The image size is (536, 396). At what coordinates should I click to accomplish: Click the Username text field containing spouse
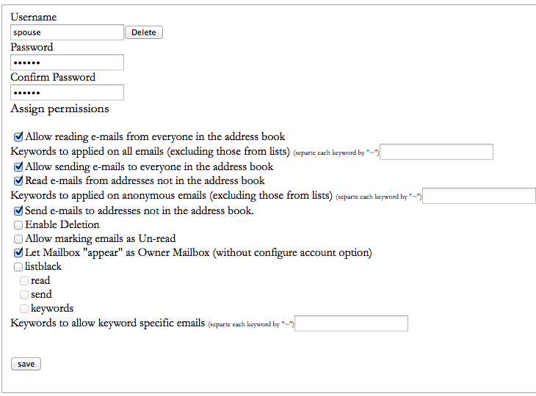(x=67, y=32)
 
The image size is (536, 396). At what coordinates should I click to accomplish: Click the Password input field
(x=67, y=62)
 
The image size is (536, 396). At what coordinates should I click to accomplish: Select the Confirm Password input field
(x=67, y=92)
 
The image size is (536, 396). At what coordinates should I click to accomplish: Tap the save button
(x=26, y=364)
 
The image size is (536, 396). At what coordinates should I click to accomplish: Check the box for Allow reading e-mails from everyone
(x=18, y=137)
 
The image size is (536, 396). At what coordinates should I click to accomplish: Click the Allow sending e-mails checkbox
(x=18, y=167)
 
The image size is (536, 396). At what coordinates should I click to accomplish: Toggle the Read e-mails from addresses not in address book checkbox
(x=18, y=181)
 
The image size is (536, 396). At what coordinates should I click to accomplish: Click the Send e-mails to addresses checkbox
(x=18, y=211)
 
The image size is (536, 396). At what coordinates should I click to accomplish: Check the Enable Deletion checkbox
(x=18, y=225)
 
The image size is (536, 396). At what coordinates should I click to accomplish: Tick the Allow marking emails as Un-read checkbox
(x=18, y=239)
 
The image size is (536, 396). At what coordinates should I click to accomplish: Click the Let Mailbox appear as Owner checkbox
(x=18, y=254)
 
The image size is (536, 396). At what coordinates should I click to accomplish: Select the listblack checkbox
(x=18, y=268)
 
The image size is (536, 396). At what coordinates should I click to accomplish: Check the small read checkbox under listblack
(x=24, y=281)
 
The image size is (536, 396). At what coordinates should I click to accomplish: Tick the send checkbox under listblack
(x=24, y=295)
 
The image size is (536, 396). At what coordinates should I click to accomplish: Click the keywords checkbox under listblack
(x=24, y=309)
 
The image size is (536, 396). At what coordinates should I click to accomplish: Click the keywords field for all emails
(x=436, y=152)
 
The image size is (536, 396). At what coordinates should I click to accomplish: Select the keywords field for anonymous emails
(x=479, y=196)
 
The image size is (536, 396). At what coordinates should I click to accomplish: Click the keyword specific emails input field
(x=351, y=323)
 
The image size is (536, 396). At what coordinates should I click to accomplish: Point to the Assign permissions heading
(x=59, y=109)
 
